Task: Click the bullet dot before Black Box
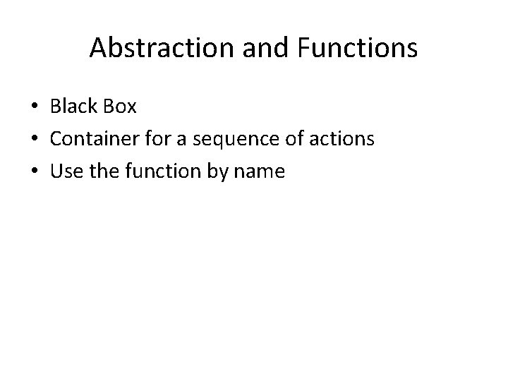34,107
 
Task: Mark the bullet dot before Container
34,139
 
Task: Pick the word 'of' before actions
292,139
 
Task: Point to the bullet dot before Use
34,171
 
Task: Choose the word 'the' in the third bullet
100,171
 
